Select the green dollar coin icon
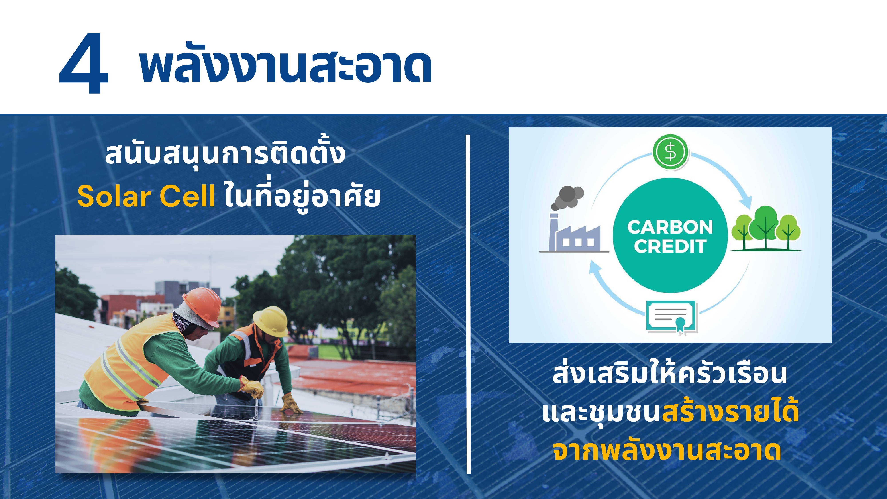click(x=670, y=152)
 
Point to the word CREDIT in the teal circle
click(x=670, y=246)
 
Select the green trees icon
click(x=766, y=228)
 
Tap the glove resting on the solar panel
click(x=291, y=404)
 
